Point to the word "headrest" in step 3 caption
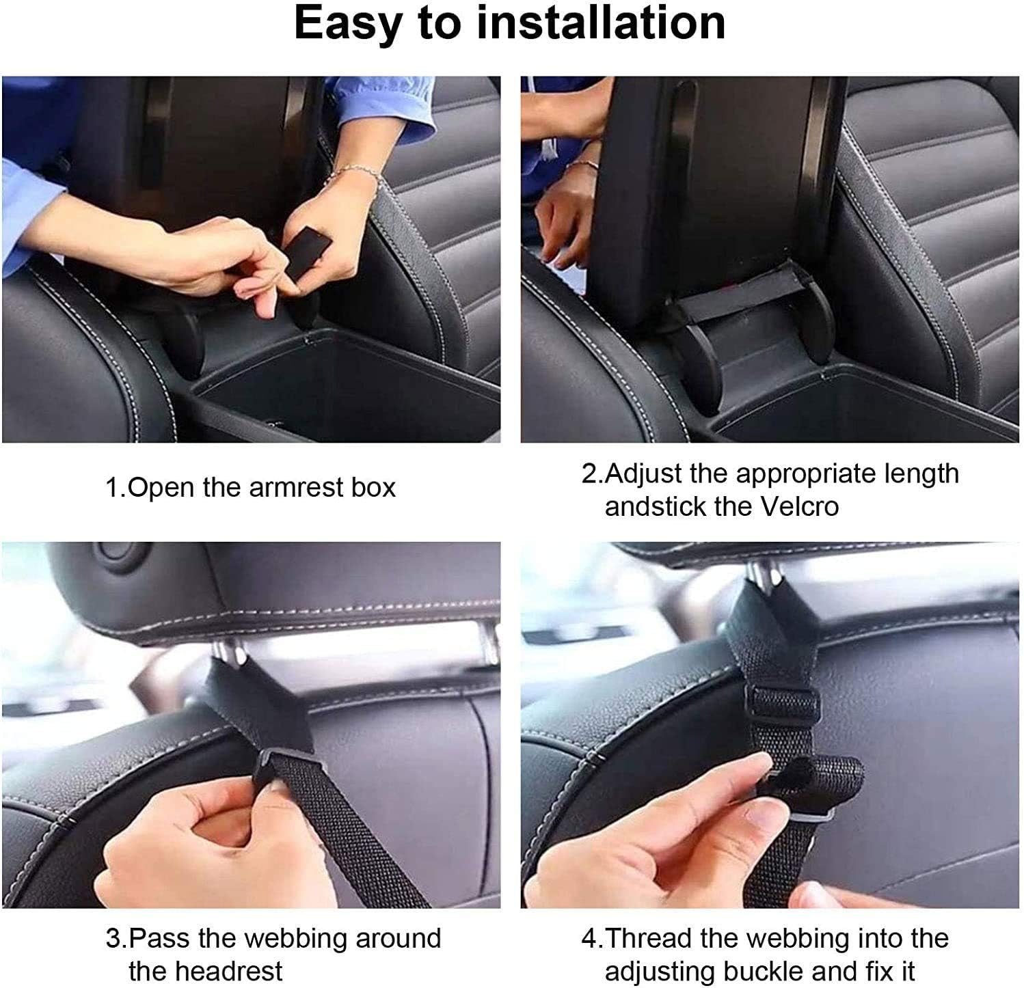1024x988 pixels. (x=205, y=970)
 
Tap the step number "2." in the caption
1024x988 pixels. (x=593, y=474)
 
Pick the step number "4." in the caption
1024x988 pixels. (x=593, y=938)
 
